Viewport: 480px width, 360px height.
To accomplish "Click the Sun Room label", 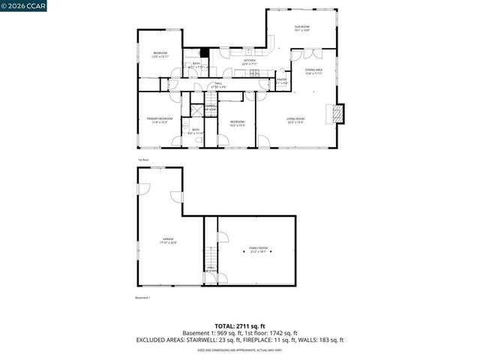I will (301, 27).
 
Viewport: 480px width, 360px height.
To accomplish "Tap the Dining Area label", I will (313, 69).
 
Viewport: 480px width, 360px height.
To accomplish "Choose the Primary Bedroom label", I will (160, 118).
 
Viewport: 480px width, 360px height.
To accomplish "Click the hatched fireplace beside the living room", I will (339, 113).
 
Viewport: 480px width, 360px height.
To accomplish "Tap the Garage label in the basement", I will (169, 239).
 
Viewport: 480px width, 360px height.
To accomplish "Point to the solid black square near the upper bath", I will (204, 53).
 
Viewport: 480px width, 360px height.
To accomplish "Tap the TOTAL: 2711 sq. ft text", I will (240, 326).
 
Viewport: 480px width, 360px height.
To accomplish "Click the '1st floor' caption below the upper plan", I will (142, 160).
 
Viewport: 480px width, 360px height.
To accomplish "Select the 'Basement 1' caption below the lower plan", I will (143, 298).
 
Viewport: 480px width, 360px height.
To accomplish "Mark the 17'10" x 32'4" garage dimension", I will (169, 243).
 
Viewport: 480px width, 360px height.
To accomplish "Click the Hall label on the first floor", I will (218, 83).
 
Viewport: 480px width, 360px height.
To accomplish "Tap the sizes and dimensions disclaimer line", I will (240, 349).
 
